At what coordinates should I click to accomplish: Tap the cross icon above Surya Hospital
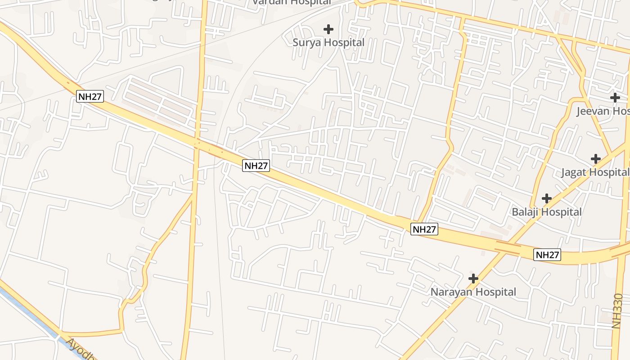[x=328, y=29]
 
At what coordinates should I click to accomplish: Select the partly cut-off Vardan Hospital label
[x=291, y=2]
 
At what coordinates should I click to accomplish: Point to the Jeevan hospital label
[x=603, y=111]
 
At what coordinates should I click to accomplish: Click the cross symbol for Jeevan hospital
[x=615, y=97]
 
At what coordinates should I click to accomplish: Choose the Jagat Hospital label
[x=595, y=172]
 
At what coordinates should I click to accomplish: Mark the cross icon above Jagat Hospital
[x=596, y=158]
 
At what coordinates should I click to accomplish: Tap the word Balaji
[x=525, y=212]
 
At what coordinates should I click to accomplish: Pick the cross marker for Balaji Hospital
[x=546, y=198]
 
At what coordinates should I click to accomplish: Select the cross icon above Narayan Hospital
[x=473, y=279]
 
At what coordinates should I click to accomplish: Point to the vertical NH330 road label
[x=617, y=310]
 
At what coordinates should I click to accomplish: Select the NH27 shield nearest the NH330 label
[x=548, y=255]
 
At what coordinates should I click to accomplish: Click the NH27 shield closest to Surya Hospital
[x=256, y=166]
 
